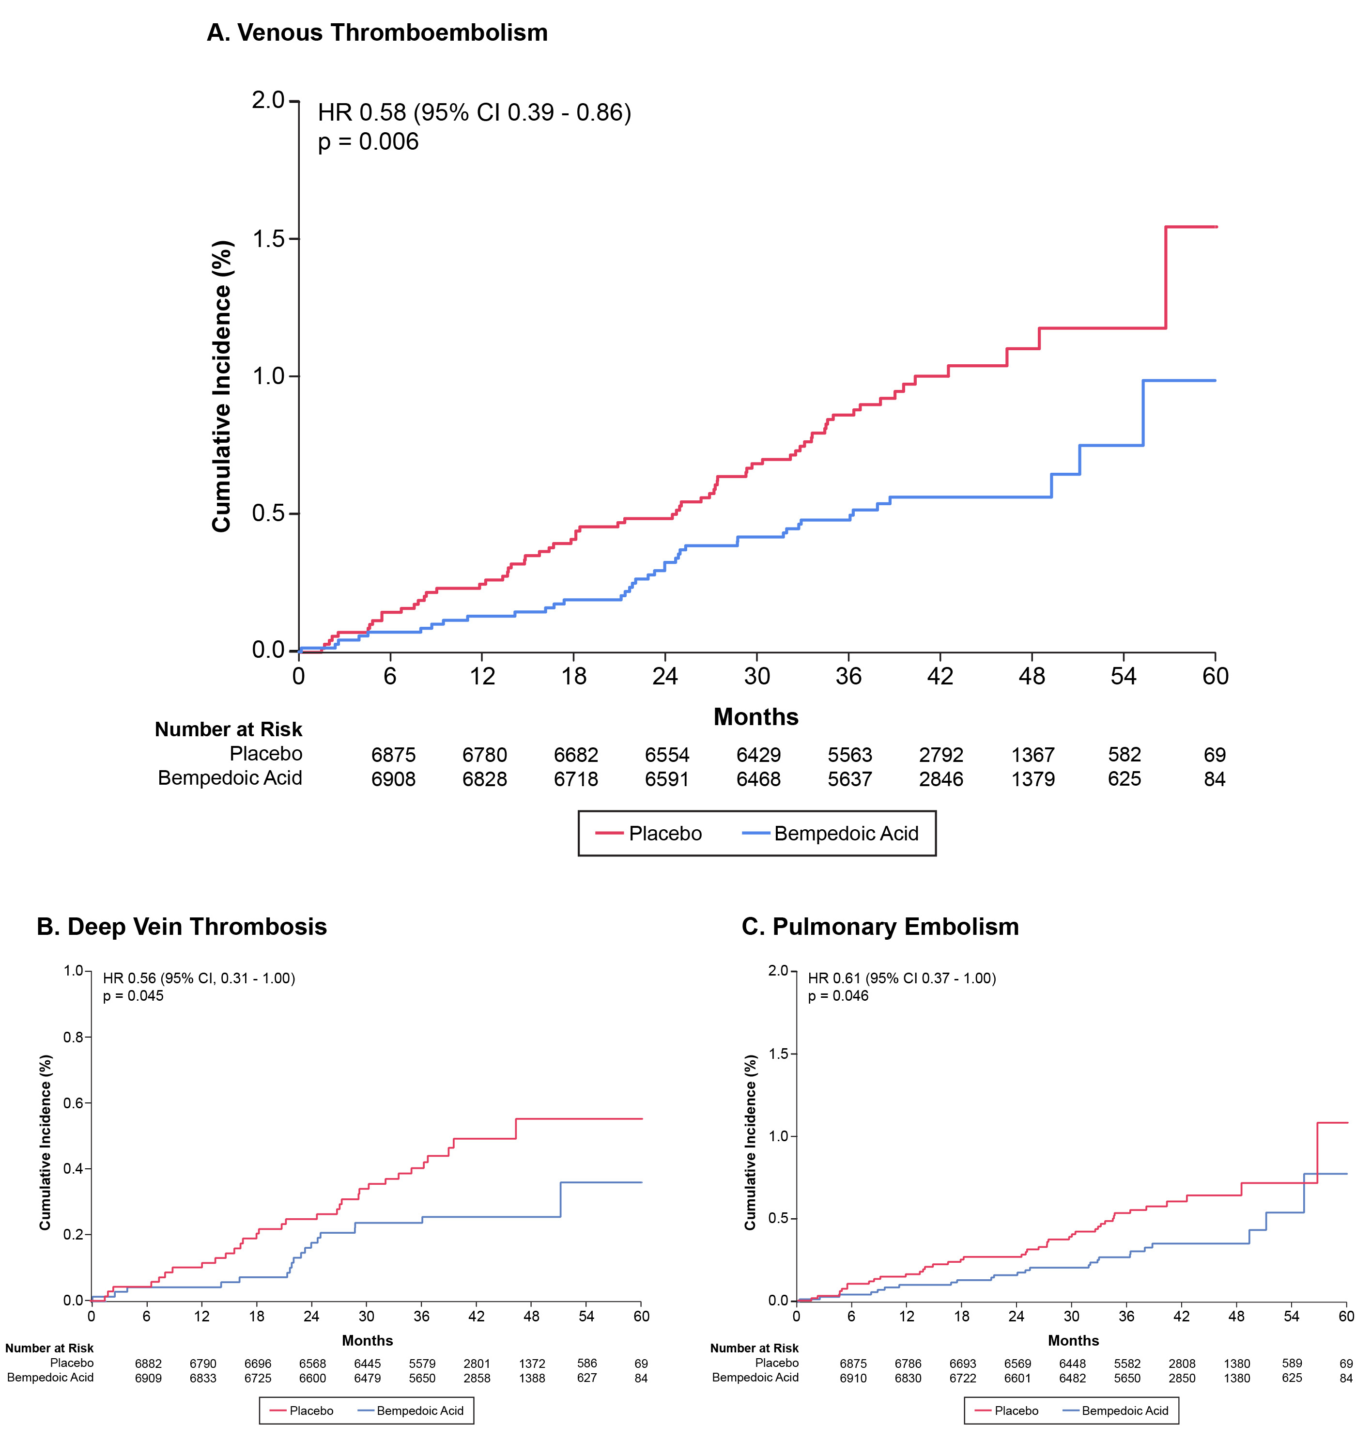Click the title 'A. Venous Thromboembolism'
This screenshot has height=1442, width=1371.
377,33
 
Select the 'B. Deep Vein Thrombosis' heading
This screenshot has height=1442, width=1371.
182,927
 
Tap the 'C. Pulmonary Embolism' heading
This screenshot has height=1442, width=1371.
880,927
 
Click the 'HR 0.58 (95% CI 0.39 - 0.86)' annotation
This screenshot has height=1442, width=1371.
474,112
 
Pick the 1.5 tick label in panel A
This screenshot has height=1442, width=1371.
268,239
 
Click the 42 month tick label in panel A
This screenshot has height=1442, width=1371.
940,676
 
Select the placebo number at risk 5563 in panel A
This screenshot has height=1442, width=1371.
850,755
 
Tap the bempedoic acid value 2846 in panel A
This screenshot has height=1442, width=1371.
941,779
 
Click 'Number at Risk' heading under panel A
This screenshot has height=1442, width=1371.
228,729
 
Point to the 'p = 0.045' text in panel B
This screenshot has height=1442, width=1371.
133,996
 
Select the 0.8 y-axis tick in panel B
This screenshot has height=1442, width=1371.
73,1037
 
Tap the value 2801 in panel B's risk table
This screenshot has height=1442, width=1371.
477,1364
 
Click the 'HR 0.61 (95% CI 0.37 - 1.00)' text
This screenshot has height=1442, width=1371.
902,978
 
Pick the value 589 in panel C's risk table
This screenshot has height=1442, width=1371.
1292,1364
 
